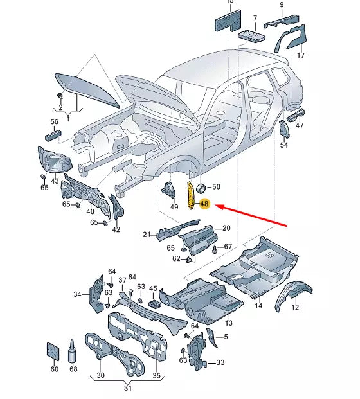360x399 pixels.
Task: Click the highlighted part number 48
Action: (x=204, y=205)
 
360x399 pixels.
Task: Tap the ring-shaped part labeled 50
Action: (x=200, y=188)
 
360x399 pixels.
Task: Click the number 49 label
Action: (x=174, y=207)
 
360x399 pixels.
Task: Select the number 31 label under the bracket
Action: (x=128, y=388)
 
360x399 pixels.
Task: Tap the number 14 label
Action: (x=258, y=306)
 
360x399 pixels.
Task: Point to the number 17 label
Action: (x=300, y=56)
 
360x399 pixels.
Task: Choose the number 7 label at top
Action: (x=255, y=18)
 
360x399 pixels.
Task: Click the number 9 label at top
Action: (x=281, y=6)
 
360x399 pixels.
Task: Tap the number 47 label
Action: (x=300, y=126)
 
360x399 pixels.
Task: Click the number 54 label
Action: (x=284, y=146)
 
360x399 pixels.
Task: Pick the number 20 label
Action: (x=226, y=228)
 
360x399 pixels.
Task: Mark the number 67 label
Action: (x=228, y=247)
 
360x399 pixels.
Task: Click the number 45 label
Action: (x=153, y=288)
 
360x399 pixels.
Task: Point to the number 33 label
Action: (x=221, y=362)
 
